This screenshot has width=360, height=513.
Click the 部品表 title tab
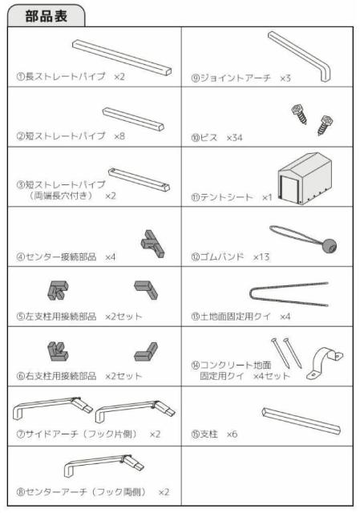click(47, 16)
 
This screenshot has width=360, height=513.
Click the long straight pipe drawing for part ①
click(122, 58)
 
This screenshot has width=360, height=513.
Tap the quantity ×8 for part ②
click(119, 135)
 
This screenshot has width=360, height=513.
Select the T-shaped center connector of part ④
click(152, 244)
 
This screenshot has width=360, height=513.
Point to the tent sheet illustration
click(305, 178)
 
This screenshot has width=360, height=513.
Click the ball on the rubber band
click(330, 246)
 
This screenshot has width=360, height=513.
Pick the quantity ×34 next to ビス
click(235, 137)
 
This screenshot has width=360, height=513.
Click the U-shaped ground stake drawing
click(289, 294)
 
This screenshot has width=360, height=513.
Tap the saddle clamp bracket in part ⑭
click(325, 363)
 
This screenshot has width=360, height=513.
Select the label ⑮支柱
click(204, 434)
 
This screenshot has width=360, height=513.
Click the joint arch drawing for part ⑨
click(299, 56)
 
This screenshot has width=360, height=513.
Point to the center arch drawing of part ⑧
click(104, 466)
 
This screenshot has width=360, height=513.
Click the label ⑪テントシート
click(222, 197)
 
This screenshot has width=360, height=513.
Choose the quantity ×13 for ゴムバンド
click(261, 256)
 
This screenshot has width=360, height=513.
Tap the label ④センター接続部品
click(56, 256)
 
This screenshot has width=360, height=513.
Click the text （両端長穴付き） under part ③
click(61, 196)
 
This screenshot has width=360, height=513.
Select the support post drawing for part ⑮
click(301, 421)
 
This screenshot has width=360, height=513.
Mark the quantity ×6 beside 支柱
click(232, 434)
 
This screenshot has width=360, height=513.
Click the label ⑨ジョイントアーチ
click(231, 78)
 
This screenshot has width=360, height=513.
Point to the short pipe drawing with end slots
click(139, 180)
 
